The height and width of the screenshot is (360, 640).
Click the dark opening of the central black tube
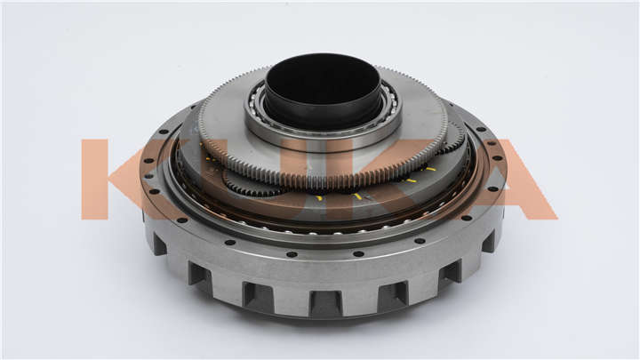coord(324,88)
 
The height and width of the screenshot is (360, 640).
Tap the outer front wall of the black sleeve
coord(323,118)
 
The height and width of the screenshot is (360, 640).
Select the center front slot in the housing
coord(325,304)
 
